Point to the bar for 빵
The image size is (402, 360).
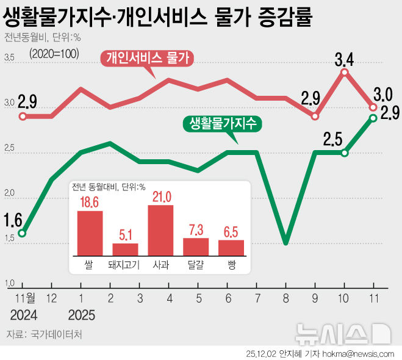point(231,247)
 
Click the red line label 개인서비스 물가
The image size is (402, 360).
point(148,59)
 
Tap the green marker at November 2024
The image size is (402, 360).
point(22,233)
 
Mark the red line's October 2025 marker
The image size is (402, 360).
point(345,73)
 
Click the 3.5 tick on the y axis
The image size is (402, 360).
point(9,58)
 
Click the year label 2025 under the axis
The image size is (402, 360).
point(81,315)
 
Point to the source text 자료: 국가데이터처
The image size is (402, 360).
point(43,334)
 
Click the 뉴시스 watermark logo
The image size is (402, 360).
point(342,333)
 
